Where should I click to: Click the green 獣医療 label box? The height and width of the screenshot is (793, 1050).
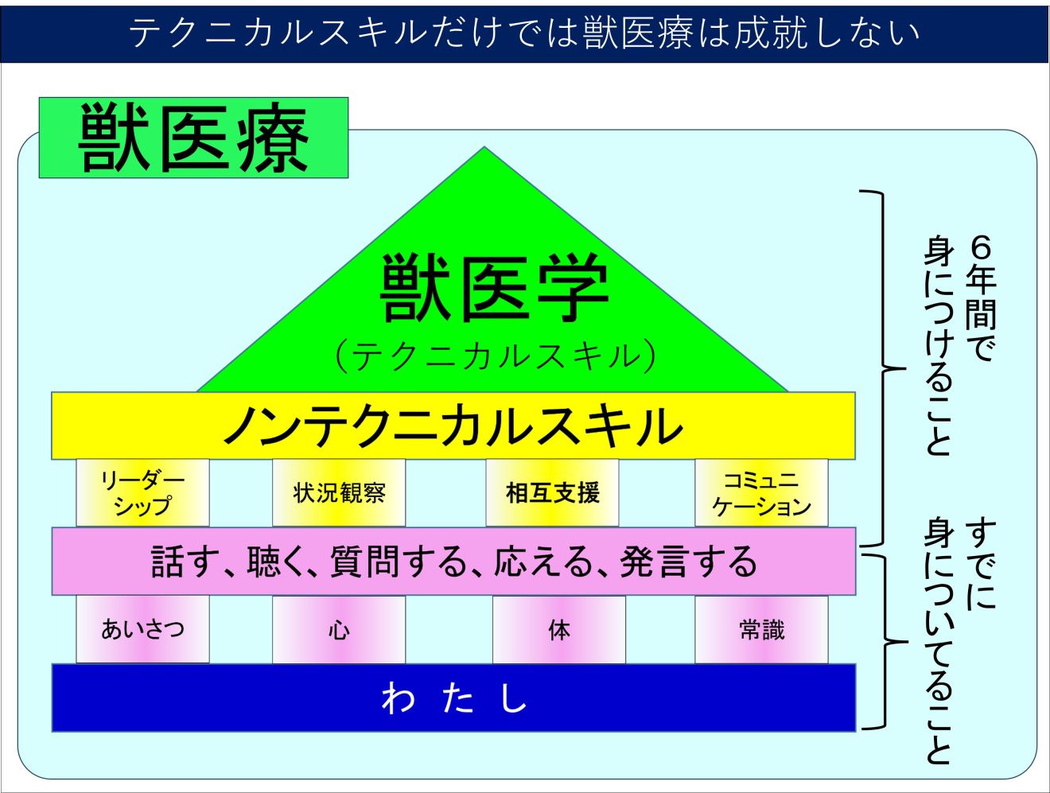click(x=193, y=138)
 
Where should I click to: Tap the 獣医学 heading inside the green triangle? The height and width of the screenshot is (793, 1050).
click(x=494, y=288)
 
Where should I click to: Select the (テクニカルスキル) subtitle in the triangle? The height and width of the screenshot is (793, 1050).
click(x=496, y=356)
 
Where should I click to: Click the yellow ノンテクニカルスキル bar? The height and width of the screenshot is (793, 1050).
click(x=453, y=426)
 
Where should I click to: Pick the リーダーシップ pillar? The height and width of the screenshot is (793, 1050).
click(x=142, y=492)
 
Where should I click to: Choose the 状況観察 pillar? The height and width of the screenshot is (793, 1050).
click(x=339, y=492)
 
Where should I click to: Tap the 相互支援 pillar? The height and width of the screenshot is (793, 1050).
click(x=552, y=492)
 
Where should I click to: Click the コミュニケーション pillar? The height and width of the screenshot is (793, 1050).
click(x=761, y=492)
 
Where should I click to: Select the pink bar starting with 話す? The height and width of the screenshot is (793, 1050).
click(x=453, y=561)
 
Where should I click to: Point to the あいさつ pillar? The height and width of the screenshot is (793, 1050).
click(x=142, y=629)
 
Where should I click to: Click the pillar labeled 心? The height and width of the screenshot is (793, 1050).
click(x=339, y=629)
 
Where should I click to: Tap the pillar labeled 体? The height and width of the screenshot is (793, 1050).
click(x=558, y=629)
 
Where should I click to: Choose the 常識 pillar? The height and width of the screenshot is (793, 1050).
click(x=761, y=629)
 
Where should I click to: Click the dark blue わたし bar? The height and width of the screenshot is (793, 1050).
click(x=453, y=698)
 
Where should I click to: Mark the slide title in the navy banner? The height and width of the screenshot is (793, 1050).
click(x=524, y=33)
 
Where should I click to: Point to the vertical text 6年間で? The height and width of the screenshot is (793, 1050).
click(x=981, y=298)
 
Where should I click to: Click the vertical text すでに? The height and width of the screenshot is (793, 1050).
click(x=981, y=565)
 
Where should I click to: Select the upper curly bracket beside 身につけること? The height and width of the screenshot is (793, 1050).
click(x=883, y=368)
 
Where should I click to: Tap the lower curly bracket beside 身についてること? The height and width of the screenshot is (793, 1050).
click(x=886, y=642)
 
